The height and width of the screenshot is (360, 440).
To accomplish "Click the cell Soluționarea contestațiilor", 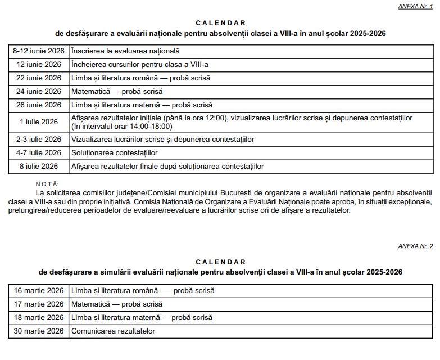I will (114, 152).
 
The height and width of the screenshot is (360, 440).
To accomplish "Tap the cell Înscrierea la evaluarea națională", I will (125, 51).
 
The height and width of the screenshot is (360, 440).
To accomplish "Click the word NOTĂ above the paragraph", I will (47, 184).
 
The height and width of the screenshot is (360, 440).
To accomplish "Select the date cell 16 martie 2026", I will (39, 291).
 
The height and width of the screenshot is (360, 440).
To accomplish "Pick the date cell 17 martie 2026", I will (39, 304).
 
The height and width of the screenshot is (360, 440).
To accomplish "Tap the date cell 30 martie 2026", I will (39, 331).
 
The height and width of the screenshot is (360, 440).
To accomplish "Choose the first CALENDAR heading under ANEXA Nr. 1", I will (220, 23).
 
